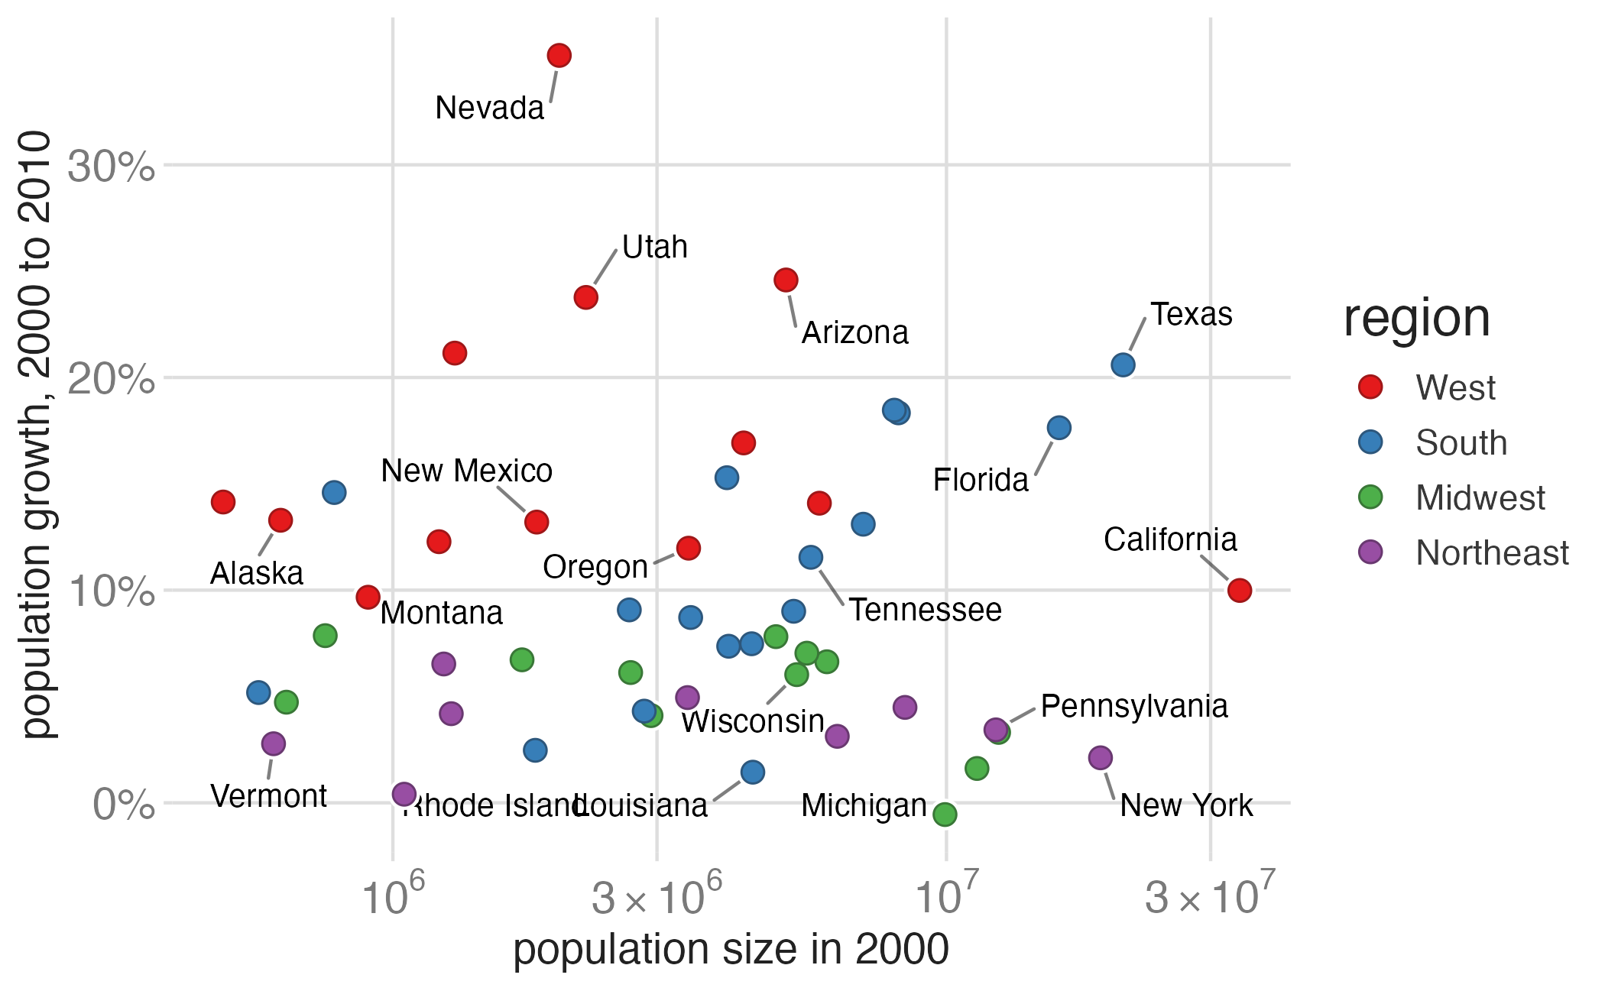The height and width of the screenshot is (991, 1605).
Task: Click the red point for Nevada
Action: click(x=559, y=55)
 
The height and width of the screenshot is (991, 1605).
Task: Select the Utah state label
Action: click(x=654, y=247)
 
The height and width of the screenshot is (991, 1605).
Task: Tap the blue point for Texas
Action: click(x=1122, y=364)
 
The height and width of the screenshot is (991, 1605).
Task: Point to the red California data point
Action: click(x=1239, y=590)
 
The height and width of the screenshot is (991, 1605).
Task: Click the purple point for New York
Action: click(x=1100, y=757)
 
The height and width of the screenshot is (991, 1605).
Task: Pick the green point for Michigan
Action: click(x=945, y=814)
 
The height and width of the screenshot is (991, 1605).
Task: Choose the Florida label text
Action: click(x=981, y=480)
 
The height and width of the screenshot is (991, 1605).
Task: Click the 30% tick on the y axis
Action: click(x=112, y=166)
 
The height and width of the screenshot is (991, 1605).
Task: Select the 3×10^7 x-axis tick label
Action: click(x=1210, y=895)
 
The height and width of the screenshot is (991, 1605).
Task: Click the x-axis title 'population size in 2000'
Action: click(x=731, y=951)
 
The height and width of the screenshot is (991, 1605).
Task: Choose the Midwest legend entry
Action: click(x=1480, y=497)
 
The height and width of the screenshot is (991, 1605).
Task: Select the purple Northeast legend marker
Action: click(x=1370, y=552)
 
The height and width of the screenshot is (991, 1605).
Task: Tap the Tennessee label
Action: click(x=925, y=610)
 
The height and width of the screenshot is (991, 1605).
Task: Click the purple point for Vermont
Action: click(x=273, y=743)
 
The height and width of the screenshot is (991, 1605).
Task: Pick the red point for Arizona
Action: click(x=786, y=280)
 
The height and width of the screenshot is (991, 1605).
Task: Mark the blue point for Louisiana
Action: click(x=752, y=772)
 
